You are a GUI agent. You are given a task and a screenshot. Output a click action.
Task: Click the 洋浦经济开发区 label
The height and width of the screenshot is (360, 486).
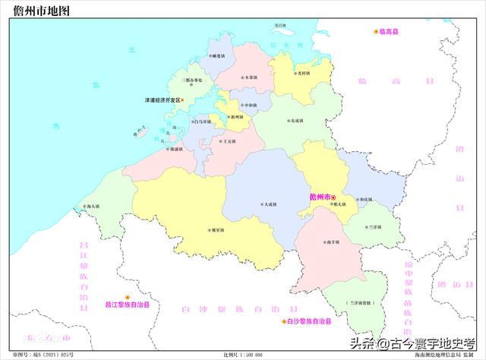(x=162, y=99)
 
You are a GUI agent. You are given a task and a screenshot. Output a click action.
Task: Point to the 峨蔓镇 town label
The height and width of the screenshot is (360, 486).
(x=217, y=55)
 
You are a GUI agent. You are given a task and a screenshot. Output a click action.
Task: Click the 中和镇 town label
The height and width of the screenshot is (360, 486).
(x=249, y=105)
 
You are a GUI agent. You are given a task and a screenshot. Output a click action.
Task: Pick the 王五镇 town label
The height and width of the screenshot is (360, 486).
(x=229, y=141)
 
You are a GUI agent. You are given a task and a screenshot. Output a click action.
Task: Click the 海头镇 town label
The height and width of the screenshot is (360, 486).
(x=92, y=207)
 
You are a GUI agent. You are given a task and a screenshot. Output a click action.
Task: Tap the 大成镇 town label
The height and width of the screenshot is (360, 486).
(x=267, y=204)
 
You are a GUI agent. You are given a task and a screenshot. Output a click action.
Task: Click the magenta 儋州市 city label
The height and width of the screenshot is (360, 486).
(x=321, y=197)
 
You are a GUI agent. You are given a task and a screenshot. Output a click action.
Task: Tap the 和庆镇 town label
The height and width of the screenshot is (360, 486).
(x=366, y=199)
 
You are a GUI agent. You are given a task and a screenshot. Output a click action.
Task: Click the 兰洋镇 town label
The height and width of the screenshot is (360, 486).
(x=371, y=227)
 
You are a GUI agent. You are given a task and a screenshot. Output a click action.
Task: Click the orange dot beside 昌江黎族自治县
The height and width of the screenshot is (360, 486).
(x=128, y=296)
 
